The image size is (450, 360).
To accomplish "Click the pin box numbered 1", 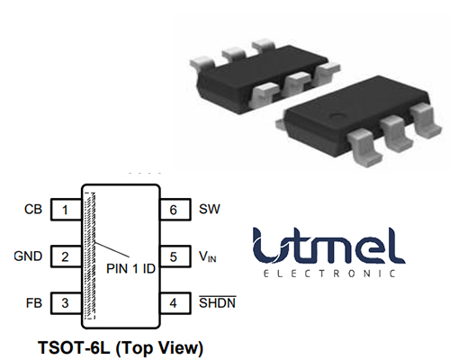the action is [66, 210].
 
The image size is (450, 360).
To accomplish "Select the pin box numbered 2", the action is [66, 256].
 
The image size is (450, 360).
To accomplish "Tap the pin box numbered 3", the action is [66, 303].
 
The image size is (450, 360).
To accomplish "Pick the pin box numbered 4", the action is [175, 303].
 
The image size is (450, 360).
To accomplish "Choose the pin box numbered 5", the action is [175, 256].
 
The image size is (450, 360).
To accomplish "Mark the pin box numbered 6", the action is [175, 210].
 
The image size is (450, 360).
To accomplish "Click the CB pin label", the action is [33, 210].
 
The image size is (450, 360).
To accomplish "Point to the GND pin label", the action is [28, 256].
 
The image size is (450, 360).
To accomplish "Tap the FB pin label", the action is [34, 303].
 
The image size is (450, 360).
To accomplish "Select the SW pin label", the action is [210, 209].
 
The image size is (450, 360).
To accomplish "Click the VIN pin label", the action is [208, 256].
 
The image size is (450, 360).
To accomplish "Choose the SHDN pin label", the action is [218, 302].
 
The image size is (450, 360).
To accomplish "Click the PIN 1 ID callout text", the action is [130, 268].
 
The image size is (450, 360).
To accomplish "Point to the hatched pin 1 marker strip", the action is [90, 256].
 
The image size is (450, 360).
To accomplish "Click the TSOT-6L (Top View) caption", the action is [121, 348].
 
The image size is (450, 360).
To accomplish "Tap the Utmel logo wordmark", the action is [328, 246].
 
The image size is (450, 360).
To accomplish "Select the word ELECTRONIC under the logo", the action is [329, 274].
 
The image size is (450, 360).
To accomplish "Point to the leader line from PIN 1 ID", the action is [112, 249].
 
